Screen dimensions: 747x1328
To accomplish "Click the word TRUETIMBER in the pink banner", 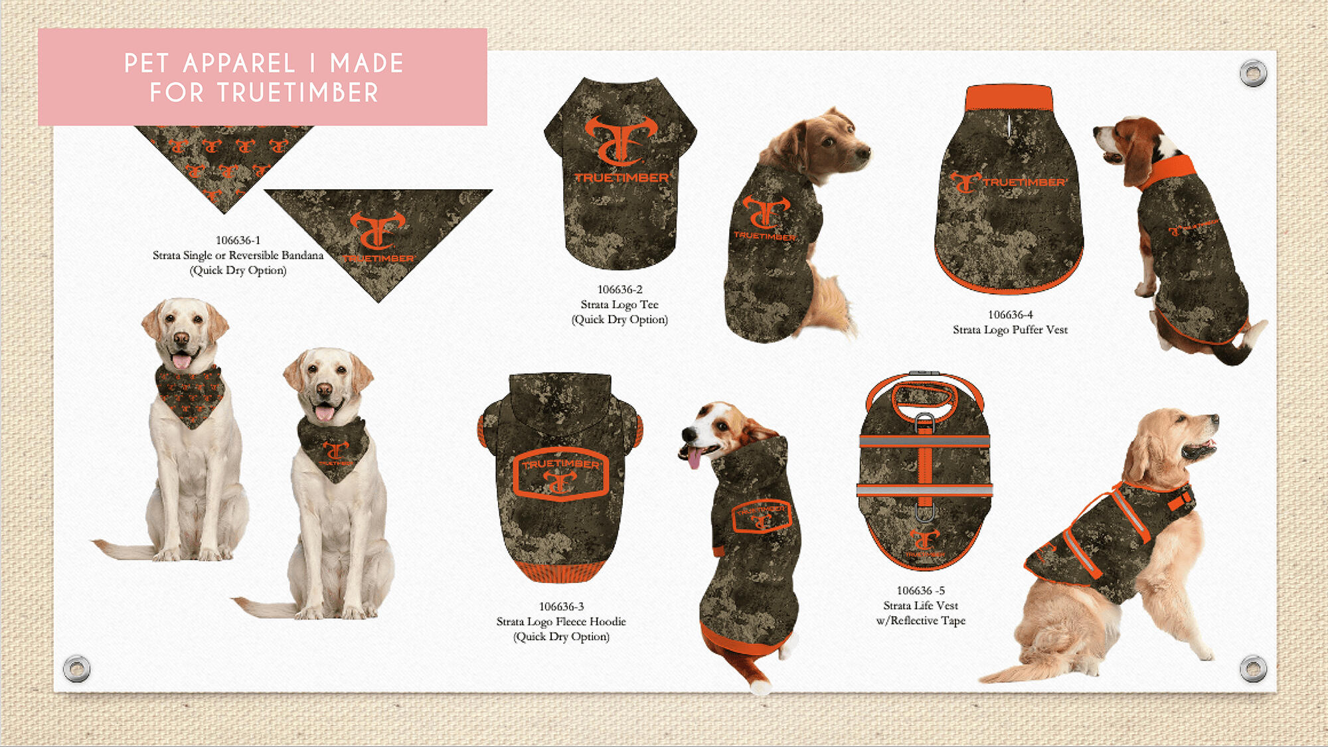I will pos(297,93).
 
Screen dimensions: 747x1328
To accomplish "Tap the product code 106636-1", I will pos(238,240).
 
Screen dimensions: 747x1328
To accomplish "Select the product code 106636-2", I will pos(620,290).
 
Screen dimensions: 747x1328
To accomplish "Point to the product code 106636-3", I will pos(561,607).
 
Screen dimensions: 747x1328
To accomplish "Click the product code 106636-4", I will pos(1010,315).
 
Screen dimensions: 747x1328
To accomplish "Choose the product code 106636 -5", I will pos(920,591).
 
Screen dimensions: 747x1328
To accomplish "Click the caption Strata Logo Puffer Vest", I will pos(1010,330).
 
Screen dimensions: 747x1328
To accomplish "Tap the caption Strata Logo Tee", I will pos(620,305).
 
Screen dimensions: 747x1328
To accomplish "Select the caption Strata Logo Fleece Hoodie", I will pos(561,622).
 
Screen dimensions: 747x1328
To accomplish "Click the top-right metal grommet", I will pos(1253,73).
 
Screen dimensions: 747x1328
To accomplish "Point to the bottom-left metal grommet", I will pos(76,668).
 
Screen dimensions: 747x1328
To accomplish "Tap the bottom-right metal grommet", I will pos(1253,668).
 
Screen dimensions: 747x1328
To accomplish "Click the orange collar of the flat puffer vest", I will pos(1009,98).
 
